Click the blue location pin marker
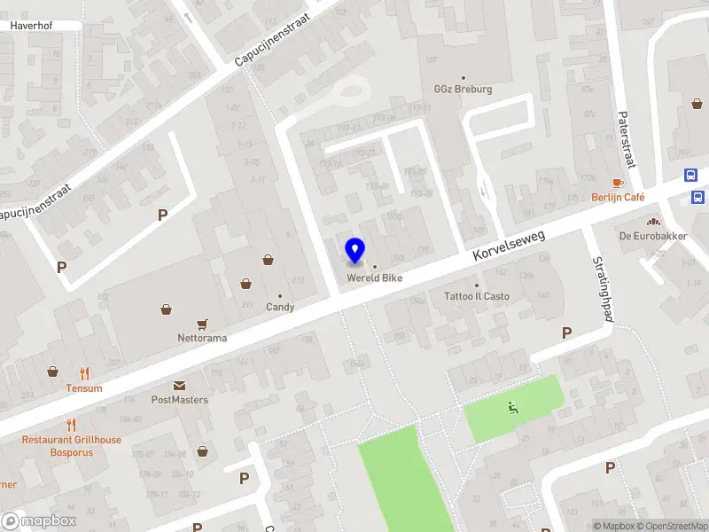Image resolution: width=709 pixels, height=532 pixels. pos(354,251)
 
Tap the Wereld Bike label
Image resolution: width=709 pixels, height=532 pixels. pos(374,278)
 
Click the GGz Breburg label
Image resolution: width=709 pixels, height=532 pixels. pos(463,90)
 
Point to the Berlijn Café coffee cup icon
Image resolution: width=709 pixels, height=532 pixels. pos(618,182)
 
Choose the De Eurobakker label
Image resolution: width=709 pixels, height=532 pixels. pos(654,236)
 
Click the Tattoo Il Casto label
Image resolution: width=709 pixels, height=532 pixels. pos(477,296)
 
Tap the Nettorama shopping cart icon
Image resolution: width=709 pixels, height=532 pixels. pos(203,325)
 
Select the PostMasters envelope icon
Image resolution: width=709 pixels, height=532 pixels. pos(179,386)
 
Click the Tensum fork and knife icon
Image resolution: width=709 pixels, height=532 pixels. pos(84,374)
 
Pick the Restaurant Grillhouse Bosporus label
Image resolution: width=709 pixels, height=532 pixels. pos(72,446)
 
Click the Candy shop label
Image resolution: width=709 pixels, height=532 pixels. pos(280,307)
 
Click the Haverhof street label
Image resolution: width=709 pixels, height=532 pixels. pos(32,26)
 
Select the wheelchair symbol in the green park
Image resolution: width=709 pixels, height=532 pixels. pos(512,409)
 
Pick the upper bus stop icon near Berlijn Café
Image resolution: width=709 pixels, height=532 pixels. pos(691,176)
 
